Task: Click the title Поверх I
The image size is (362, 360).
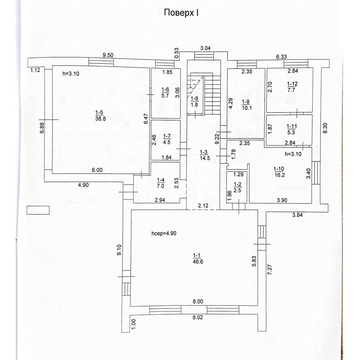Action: pos(181,13)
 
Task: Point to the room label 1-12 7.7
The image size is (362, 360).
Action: pos(292,87)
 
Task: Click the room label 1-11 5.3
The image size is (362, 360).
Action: pos(291,129)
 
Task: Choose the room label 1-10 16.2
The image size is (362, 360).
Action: pos(279,172)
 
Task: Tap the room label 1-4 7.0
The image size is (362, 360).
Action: pos(161,183)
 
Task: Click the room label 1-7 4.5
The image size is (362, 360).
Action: pos(167,139)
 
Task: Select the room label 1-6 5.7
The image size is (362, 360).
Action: pos(165,92)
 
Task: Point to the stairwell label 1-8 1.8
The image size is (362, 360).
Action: pos(194,102)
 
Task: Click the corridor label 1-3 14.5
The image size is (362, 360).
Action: pos(205,155)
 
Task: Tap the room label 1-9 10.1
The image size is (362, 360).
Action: pos(246,105)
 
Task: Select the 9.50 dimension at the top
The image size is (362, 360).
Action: pos(108,55)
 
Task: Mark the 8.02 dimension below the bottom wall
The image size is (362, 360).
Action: pos(197,317)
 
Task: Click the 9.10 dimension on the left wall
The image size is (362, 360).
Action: pos(119,250)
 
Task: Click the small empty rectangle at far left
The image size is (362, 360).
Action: pos(38,210)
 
